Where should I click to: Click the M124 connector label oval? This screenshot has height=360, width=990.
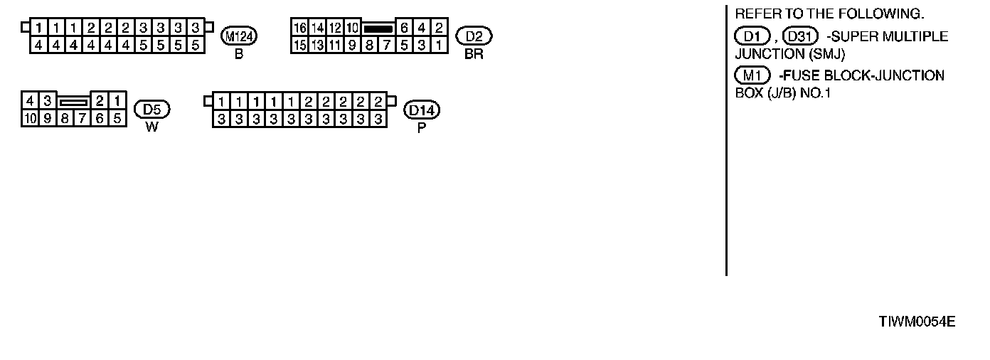[x=239, y=36]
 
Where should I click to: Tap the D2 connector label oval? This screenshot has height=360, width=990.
[x=474, y=36]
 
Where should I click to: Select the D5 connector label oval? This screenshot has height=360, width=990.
[x=152, y=110]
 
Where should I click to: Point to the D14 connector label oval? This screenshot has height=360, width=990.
[x=422, y=110]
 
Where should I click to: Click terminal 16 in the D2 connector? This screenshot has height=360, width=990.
[x=300, y=28]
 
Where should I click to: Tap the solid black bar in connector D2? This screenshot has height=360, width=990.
[x=378, y=29]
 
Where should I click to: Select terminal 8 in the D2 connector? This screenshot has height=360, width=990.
[x=369, y=45]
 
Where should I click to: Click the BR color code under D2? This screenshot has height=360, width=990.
[x=474, y=55]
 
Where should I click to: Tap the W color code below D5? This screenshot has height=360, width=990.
[x=151, y=128]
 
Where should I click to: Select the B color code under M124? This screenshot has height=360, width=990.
[x=239, y=55]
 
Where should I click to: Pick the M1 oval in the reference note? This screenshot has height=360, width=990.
[x=755, y=75]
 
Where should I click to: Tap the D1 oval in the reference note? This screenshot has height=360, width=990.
[x=752, y=36]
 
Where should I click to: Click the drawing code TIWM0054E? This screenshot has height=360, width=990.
[x=917, y=322]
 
